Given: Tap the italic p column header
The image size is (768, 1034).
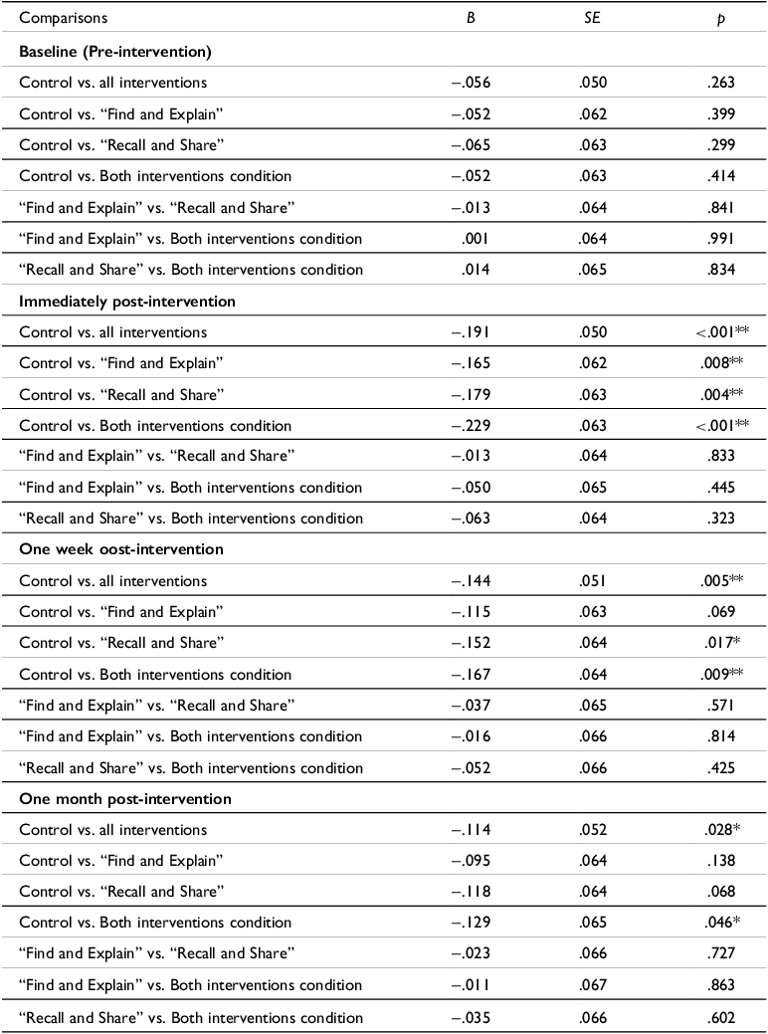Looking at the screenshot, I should (x=718, y=18).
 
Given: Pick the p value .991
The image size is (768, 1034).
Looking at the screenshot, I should (x=718, y=238).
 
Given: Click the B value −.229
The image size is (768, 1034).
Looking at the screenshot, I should (x=472, y=425).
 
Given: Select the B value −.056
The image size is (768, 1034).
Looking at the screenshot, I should (x=472, y=83).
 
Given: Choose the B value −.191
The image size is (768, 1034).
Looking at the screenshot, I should (x=472, y=331).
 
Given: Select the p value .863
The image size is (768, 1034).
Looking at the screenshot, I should (x=718, y=985).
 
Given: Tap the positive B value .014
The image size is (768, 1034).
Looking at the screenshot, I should (x=476, y=269).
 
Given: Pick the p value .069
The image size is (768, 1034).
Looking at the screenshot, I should (x=718, y=611).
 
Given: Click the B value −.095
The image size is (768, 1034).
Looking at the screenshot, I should (x=472, y=861).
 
